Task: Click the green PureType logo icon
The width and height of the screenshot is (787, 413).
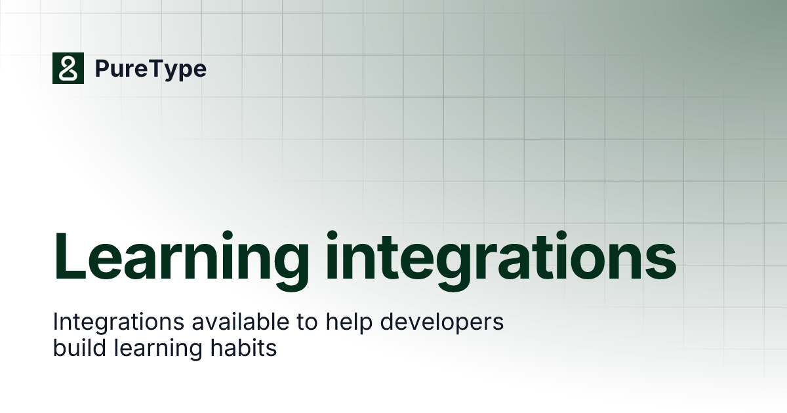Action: pos(68,68)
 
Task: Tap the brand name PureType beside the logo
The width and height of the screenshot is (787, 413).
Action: pos(150,69)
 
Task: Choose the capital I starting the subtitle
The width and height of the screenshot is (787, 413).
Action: pos(56,323)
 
